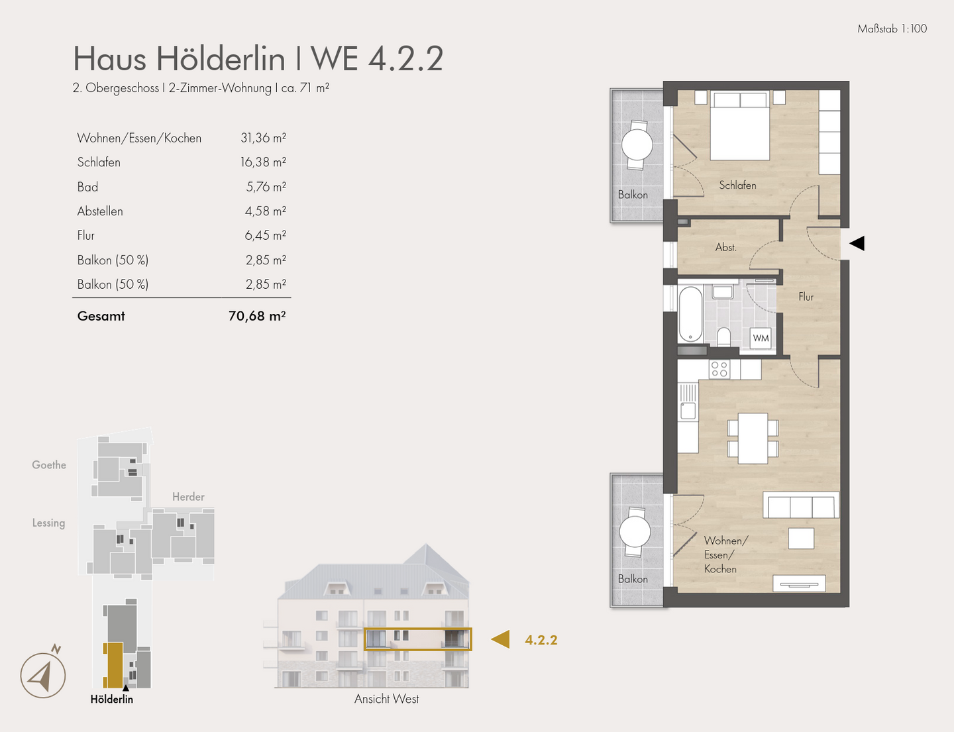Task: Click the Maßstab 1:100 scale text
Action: [x=892, y=28]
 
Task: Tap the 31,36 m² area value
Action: [x=263, y=138]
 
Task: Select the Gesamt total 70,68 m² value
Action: [x=256, y=316]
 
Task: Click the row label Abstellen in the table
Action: [x=100, y=211]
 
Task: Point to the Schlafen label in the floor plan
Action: [x=737, y=185]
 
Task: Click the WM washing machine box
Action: [x=761, y=338]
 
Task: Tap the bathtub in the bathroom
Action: [x=690, y=314]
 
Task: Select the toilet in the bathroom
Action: [x=723, y=337]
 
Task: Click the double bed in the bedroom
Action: [x=739, y=126]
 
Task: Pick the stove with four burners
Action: [x=719, y=369]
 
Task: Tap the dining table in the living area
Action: [x=753, y=438]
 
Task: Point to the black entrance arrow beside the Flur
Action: [x=857, y=243]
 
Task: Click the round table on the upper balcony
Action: [x=637, y=145]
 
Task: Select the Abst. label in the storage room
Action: [x=725, y=247]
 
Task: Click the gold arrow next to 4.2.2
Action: [x=501, y=639]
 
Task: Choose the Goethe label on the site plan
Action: [x=49, y=465]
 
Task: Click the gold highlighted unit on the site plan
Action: [x=113, y=664]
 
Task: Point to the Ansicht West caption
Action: [x=386, y=699]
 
